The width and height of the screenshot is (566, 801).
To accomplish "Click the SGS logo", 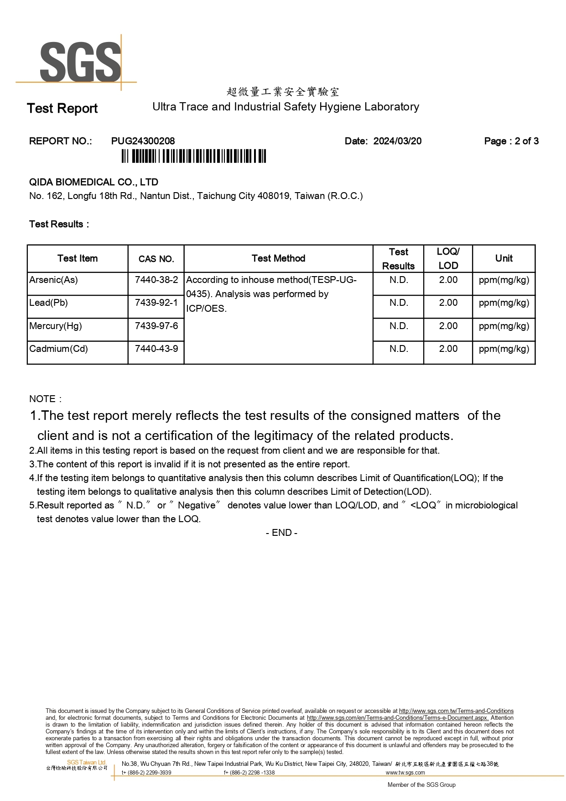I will (80, 62).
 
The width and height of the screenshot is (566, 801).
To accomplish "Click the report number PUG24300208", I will (143, 141).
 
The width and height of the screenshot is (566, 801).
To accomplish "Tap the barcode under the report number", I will (193, 156).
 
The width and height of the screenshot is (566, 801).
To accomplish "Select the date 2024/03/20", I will (397, 141).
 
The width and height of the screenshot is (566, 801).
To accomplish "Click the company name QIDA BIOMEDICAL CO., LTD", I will (93, 182).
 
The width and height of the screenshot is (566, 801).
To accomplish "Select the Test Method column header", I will (278, 258).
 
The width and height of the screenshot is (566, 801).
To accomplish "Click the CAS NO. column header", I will (156, 259).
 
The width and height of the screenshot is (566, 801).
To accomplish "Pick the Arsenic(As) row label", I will (53, 280).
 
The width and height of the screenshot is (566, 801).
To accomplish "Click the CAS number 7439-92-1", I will (156, 303).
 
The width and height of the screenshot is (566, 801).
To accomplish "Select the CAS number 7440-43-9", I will (156, 349).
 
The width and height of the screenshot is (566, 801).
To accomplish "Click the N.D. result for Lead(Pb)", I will (399, 303).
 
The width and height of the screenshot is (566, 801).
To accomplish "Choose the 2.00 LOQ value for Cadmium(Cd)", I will (448, 349).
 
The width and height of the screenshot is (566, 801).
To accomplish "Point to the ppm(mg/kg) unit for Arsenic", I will (504, 280).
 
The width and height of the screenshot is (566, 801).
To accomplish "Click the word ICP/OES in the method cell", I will (206, 309).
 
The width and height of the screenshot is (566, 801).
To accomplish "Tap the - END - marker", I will (281, 533).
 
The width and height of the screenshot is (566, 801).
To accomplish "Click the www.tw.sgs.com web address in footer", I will (405, 773).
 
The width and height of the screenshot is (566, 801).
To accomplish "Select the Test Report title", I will (62, 109).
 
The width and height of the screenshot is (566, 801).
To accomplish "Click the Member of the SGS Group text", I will (421, 785).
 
